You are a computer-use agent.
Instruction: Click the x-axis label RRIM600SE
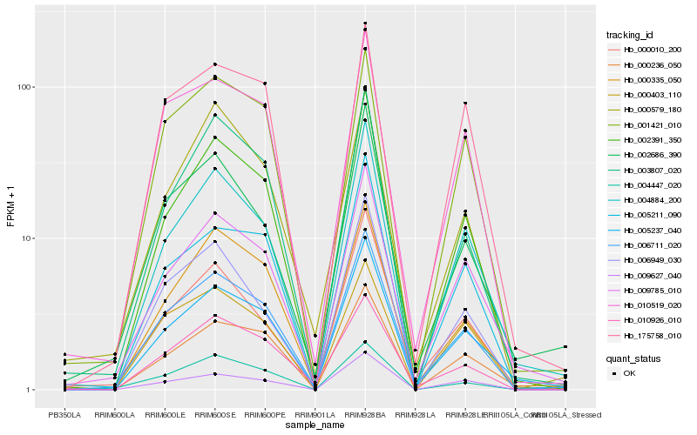pos(214,416)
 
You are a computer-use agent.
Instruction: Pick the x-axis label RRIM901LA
pos(315,416)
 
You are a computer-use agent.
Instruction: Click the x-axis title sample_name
pos(315,425)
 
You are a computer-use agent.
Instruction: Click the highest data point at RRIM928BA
pos(365,23)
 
